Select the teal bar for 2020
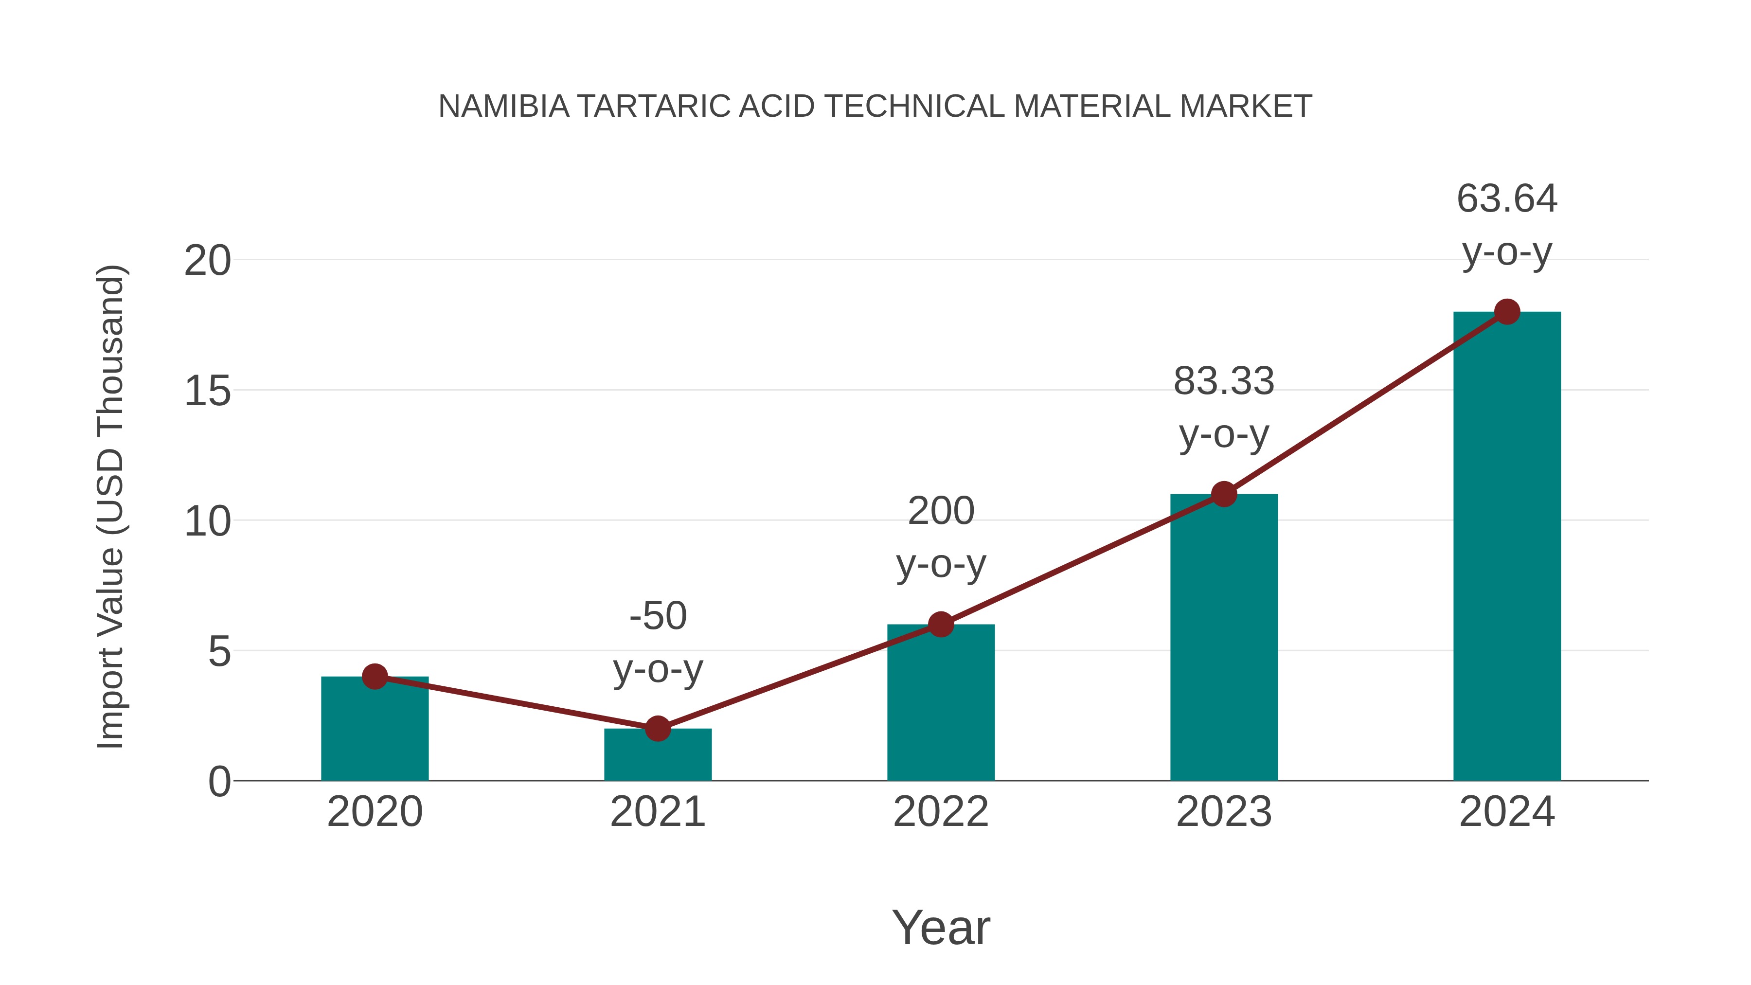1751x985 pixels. click(x=375, y=731)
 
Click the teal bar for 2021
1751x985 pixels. click(x=657, y=756)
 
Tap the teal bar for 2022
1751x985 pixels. click(x=941, y=703)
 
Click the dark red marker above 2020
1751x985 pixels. click(x=375, y=677)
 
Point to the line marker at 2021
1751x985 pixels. click(x=657, y=729)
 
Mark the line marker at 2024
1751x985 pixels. click(x=1507, y=312)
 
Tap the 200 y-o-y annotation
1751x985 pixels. click(x=941, y=537)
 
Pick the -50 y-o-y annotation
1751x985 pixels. click(x=657, y=643)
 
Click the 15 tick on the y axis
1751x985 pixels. click(x=207, y=392)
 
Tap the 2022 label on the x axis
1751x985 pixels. click(x=941, y=812)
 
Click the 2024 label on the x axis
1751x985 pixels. click(x=1507, y=812)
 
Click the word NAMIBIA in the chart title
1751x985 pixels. click(x=504, y=107)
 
